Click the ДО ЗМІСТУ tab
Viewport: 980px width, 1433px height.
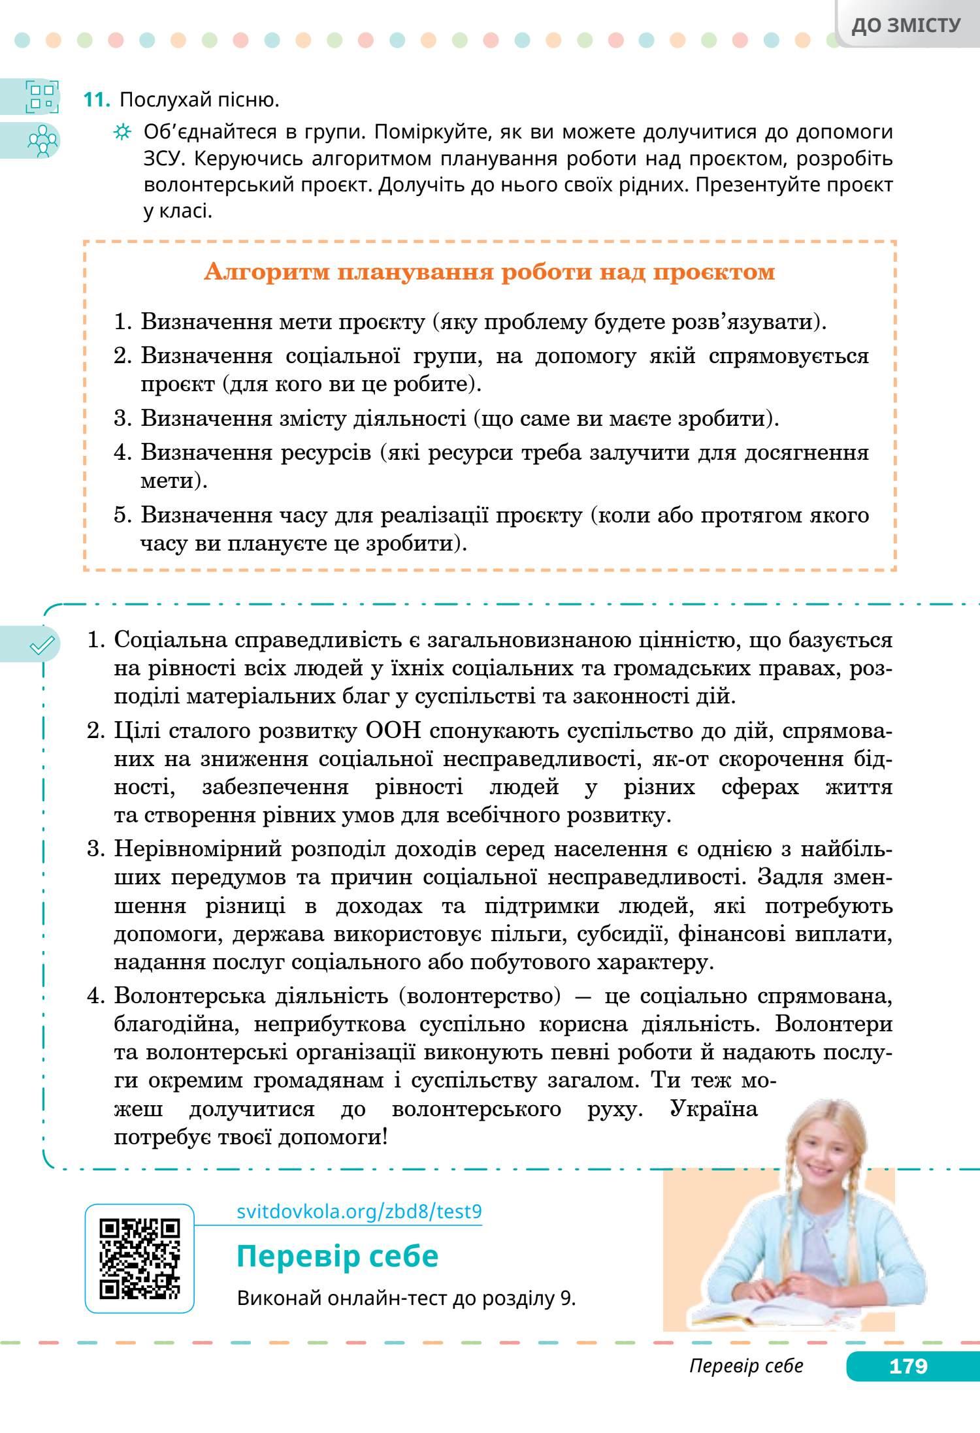[906, 25]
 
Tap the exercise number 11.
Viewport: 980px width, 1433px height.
[96, 100]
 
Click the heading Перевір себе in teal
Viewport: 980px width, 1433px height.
[337, 1256]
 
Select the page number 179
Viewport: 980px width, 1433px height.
[908, 1366]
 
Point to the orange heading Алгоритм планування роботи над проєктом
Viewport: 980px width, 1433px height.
[489, 271]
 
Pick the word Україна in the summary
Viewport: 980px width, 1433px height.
[713, 1109]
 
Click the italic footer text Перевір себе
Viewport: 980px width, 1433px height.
[746, 1366]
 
